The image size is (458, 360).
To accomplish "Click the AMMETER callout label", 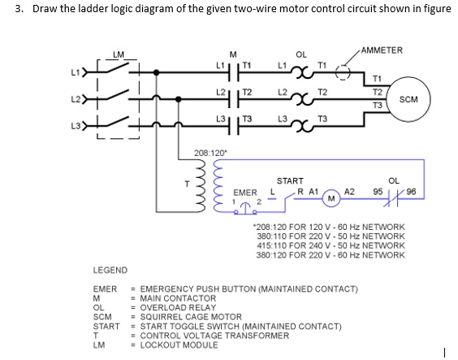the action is click(x=382, y=50).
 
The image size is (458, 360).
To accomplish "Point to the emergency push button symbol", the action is click(x=246, y=208).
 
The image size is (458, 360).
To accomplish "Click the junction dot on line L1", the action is click(x=157, y=72).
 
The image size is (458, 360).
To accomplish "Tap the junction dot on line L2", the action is click(x=178, y=99).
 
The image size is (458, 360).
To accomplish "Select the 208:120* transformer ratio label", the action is click(x=210, y=153).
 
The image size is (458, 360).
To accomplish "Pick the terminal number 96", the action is click(x=411, y=192).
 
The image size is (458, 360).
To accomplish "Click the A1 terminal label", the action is click(x=313, y=192).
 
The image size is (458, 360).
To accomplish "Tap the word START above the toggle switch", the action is click(x=290, y=181).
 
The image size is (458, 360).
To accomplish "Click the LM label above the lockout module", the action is click(x=119, y=54).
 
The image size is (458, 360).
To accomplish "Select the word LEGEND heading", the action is click(x=110, y=271).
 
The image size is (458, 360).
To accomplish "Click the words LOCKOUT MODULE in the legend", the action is click(x=179, y=345).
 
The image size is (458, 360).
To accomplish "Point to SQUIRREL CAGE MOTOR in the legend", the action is click(x=191, y=317).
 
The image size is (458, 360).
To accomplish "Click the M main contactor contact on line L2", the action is click(x=234, y=99).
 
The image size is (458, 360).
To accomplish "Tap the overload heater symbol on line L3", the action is click(x=303, y=126).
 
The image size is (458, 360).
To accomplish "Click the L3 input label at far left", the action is click(x=76, y=126).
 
